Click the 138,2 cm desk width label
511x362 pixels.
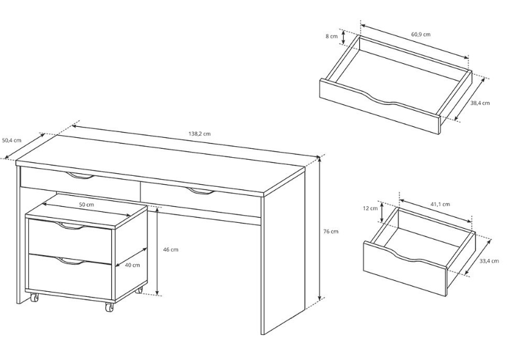200,134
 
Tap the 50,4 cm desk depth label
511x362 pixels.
12,140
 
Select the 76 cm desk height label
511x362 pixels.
331,231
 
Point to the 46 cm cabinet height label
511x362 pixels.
171,250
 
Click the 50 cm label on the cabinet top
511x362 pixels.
86,205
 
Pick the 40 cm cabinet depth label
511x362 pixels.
133,265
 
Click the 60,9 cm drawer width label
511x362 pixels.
421,34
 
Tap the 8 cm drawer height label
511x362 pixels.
331,36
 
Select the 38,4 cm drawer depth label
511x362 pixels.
480,103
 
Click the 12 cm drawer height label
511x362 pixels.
371,209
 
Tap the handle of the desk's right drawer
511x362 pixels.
201,191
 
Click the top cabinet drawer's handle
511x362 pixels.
69,225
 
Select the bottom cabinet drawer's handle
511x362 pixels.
69,261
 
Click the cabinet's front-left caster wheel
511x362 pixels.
34,297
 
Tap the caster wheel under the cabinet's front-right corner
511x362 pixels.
109,307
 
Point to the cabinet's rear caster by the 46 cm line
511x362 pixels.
139,290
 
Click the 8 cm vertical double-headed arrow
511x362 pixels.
343,37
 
